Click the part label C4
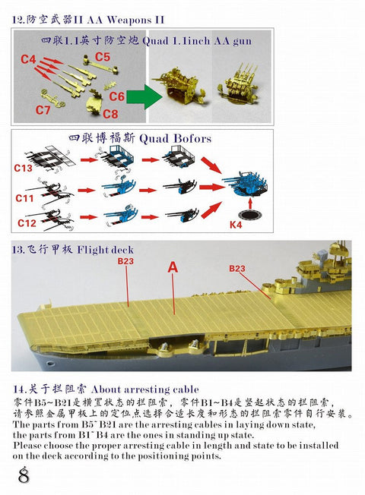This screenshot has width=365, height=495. tap(28, 58)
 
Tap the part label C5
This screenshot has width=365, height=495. tap(103, 56)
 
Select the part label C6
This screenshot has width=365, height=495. tap(116, 97)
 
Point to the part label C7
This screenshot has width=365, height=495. tap(43, 110)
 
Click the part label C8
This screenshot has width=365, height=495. tap(111, 115)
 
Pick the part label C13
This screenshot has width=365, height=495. tap(22, 168)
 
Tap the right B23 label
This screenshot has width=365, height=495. tap(238, 268)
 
